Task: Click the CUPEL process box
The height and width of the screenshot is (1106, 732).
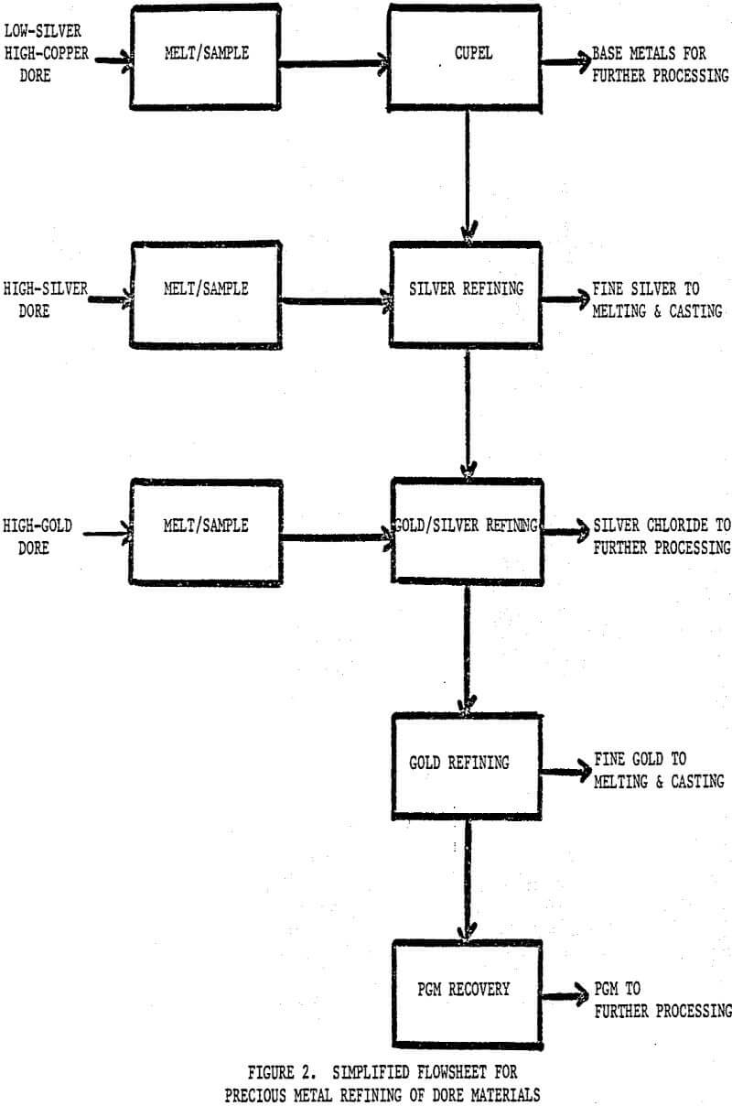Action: [466, 54]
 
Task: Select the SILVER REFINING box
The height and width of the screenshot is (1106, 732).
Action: [467, 294]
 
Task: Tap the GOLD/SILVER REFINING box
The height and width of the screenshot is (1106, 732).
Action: [468, 530]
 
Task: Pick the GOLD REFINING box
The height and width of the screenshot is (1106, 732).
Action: [468, 764]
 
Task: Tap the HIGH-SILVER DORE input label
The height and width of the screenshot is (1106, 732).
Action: [46, 298]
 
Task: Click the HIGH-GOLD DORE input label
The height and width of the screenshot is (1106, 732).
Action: [38, 537]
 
